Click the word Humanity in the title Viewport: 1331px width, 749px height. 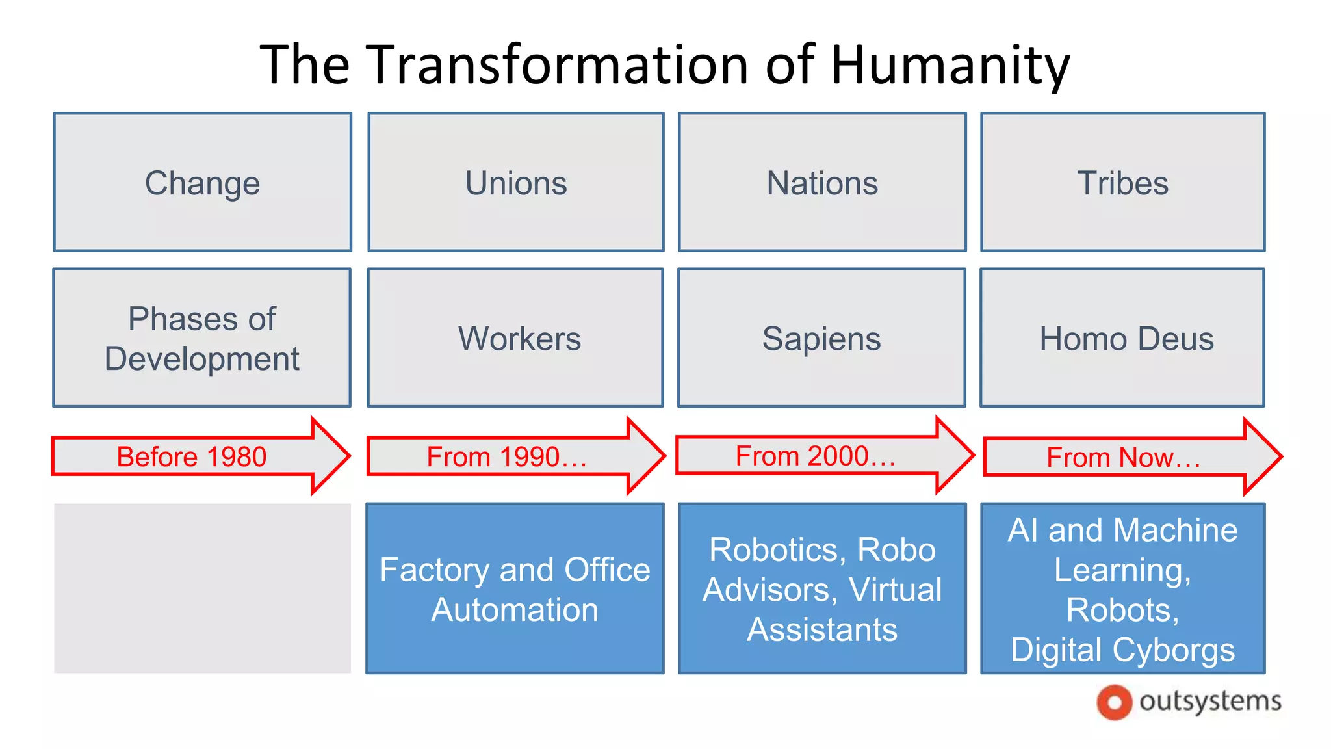(x=950, y=65)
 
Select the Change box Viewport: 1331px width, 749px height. (x=203, y=183)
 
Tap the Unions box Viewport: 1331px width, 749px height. (x=516, y=183)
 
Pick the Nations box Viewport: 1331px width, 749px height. (x=822, y=183)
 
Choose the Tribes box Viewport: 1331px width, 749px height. (x=1122, y=183)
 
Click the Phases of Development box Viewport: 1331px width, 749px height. (x=202, y=338)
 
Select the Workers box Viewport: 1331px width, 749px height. (x=516, y=338)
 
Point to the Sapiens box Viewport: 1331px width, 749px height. (x=821, y=338)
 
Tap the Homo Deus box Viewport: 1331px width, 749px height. (x=1122, y=338)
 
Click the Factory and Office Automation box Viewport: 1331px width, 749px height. (x=515, y=588)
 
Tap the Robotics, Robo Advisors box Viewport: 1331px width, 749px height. (x=822, y=588)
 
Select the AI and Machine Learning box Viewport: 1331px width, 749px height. (x=1122, y=588)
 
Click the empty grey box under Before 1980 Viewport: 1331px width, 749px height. (x=203, y=588)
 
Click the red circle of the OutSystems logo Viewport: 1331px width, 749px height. (x=1114, y=702)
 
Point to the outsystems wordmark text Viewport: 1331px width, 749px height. (x=1210, y=702)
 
